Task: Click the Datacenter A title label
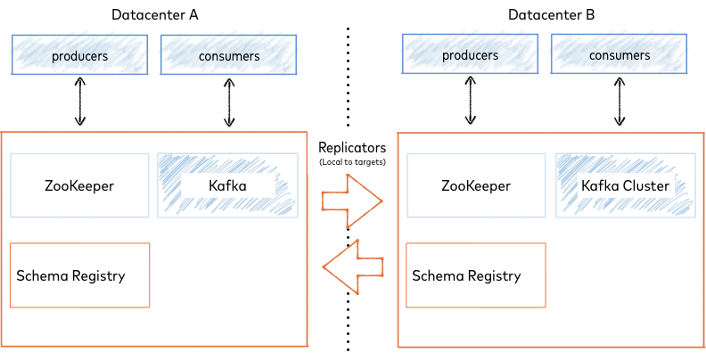click(x=154, y=15)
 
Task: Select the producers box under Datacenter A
click(x=79, y=55)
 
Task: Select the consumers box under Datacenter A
click(x=229, y=55)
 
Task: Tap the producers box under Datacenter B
click(x=471, y=55)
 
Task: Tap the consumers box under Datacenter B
click(x=621, y=55)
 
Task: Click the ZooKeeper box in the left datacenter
click(x=79, y=185)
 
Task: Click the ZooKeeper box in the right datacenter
click(x=475, y=185)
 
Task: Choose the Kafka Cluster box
click(x=625, y=185)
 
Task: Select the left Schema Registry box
click(x=79, y=275)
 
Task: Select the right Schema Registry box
click(x=475, y=275)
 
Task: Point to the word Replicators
click(x=352, y=147)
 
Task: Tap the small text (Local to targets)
click(x=352, y=162)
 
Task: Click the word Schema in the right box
click(x=437, y=275)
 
